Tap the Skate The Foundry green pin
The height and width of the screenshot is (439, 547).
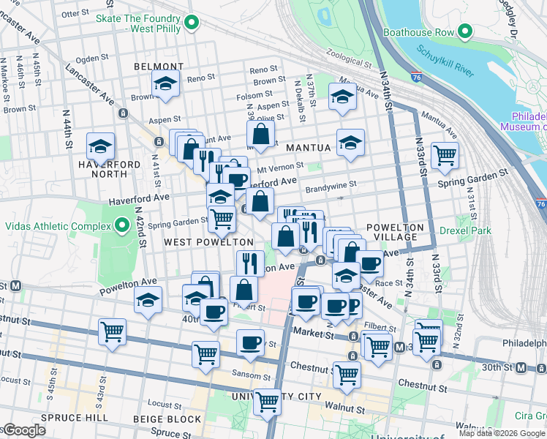click(192, 23)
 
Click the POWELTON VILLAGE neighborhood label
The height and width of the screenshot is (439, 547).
click(395, 233)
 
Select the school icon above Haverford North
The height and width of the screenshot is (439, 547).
click(99, 146)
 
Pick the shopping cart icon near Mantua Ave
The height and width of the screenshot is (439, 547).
click(445, 155)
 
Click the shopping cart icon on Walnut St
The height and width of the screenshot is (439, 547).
click(268, 402)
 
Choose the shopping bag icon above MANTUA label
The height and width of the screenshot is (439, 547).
click(260, 134)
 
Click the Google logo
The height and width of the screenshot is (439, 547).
click(23, 430)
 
